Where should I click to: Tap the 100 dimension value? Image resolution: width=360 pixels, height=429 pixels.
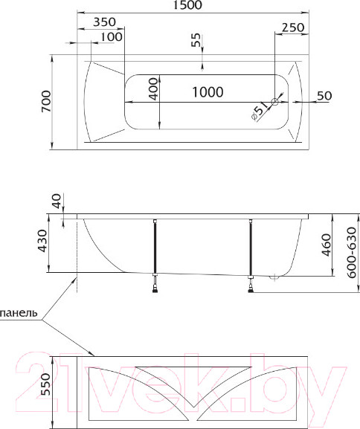click(111, 37)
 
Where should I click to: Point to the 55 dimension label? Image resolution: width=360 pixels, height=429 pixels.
click(196, 41)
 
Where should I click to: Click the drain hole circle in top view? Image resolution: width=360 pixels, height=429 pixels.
click(275, 102)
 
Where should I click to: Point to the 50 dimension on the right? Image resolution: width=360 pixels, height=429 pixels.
click(324, 95)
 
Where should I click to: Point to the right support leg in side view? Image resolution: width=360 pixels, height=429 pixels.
click(252, 251)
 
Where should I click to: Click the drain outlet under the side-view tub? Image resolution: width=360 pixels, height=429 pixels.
click(275, 278)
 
